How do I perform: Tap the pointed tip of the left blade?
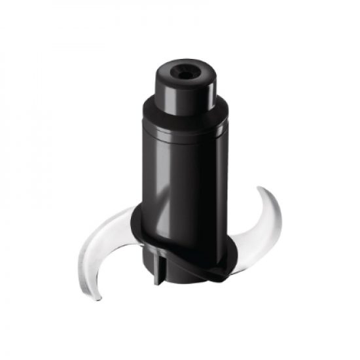pos(98,298)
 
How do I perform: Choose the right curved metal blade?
pos(259,226)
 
